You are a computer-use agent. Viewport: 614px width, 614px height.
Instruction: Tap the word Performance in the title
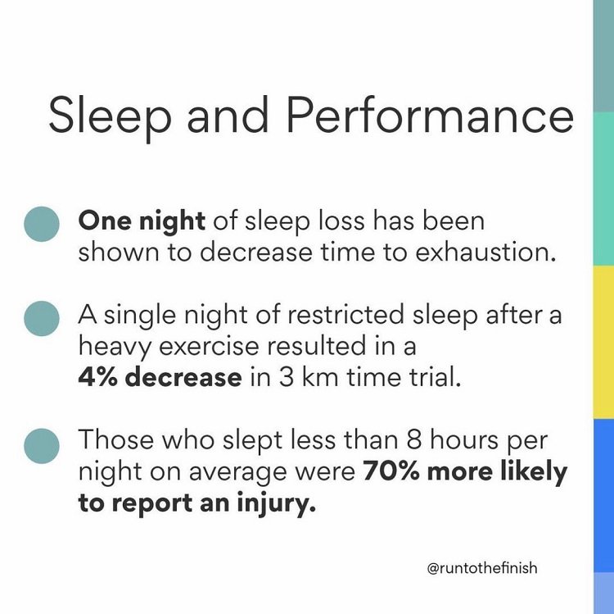pos(429,115)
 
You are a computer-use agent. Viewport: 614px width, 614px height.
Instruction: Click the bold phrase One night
pos(140,221)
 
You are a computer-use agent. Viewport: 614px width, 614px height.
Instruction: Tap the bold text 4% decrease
pos(160,378)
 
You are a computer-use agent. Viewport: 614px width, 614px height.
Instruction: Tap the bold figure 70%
pos(386,472)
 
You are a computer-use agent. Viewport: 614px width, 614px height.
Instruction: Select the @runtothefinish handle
pos(483,567)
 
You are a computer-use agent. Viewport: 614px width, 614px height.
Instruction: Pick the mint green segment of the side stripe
pos(603,189)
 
